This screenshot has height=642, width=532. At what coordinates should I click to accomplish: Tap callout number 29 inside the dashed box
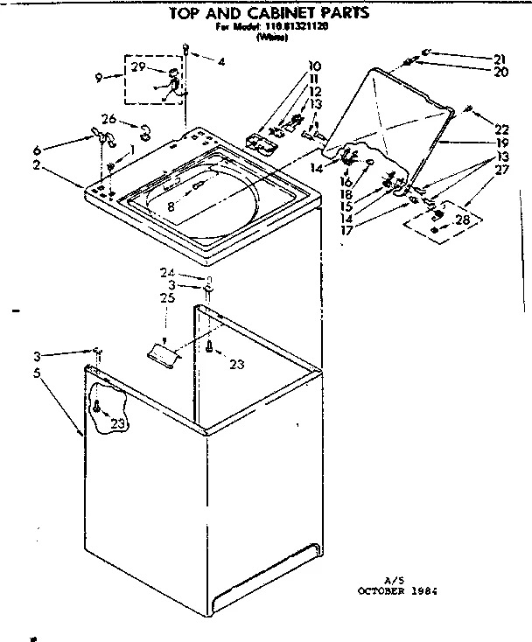click(138, 67)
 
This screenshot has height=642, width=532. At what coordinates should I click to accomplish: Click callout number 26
click(108, 119)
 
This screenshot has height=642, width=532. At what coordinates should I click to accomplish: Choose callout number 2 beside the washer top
click(61, 164)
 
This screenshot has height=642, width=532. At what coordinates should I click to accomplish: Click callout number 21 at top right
click(500, 59)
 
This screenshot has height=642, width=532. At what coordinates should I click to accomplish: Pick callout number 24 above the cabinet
click(167, 271)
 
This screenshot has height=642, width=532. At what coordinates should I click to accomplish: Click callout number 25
click(167, 299)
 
